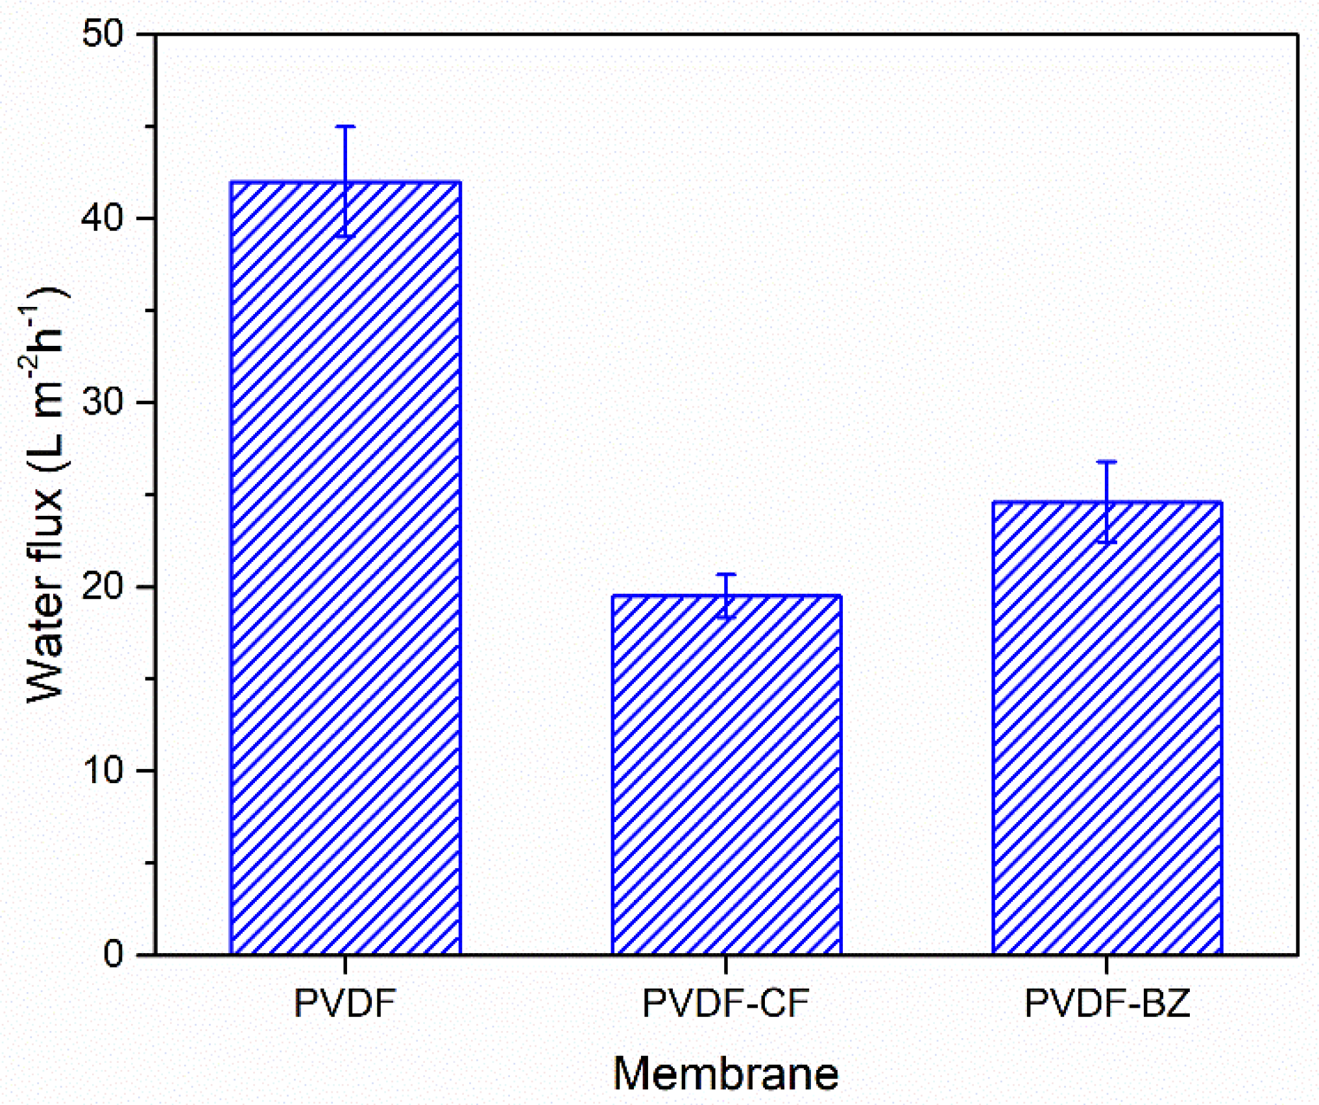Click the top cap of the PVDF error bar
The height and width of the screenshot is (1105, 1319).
[345, 127]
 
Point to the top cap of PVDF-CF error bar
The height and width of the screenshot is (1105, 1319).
[726, 574]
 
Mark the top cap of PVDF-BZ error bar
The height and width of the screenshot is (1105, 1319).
[1107, 461]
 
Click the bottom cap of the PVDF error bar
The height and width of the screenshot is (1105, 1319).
[345, 237]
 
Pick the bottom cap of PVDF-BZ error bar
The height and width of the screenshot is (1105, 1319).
[1107, 542]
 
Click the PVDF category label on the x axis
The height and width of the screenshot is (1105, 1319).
[345, 1003]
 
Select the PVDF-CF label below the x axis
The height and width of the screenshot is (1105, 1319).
[726, 1003]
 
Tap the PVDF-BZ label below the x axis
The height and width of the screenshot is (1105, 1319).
[1107, 1003]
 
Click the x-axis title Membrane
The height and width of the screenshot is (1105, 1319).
[725, 1074]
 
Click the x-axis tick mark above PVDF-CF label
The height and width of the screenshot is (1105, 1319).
[726, 964]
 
